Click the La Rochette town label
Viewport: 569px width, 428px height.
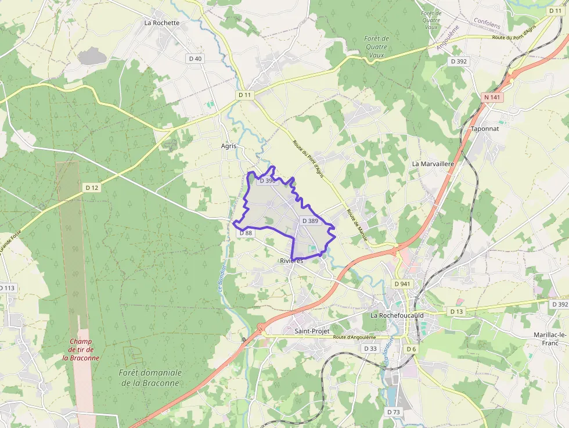point(162,23)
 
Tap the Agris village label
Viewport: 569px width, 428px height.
point(229,146)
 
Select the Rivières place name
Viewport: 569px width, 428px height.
point(291,261)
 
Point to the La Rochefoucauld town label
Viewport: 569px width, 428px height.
point(397,315)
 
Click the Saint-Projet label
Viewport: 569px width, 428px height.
point(312,331)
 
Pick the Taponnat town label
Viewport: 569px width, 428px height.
point(485,128)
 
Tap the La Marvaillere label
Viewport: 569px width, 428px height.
point(433,164)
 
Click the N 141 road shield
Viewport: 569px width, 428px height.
point(492,97)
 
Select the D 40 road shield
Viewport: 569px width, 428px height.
point(195,59)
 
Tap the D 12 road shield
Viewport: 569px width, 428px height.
point(92,187)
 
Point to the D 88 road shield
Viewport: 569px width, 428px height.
point(246,233)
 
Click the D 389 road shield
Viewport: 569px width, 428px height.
point(311,221)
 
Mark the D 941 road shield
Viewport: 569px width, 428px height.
point(401,284)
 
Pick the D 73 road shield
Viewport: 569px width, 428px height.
point(393,412)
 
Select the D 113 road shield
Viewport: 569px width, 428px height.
point(7,288)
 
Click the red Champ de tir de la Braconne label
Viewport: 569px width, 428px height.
point(81,350)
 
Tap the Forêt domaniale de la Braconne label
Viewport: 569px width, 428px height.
point(150,377)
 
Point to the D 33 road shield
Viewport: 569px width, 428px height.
point(370,348)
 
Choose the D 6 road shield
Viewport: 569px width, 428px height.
point(411,348)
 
